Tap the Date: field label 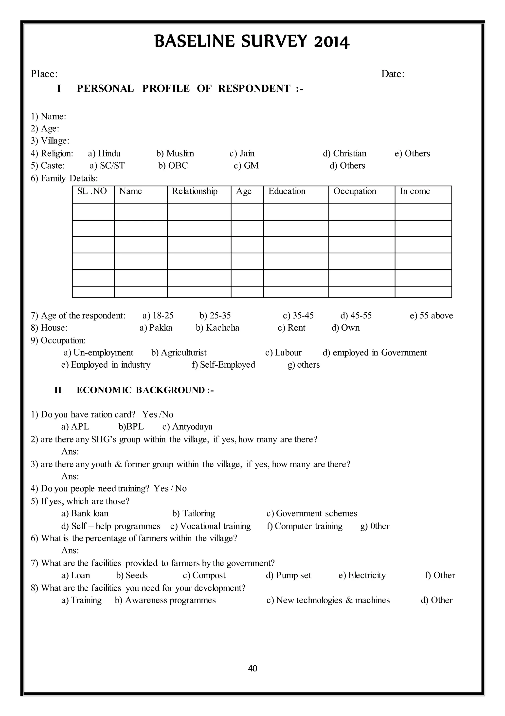point(393,74)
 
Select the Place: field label point(44,74)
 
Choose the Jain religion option point(242,153)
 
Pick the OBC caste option point(173,166)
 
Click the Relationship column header point(195,191)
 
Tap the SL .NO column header point(92,191)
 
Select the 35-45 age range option point(298,316)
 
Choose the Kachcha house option point(217,328)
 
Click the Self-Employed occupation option point(223,365)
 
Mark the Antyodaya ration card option point(188,427)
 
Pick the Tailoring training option point(194,513)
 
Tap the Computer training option point(305,526)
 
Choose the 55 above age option point(432,316)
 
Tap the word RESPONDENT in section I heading point(254,89)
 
